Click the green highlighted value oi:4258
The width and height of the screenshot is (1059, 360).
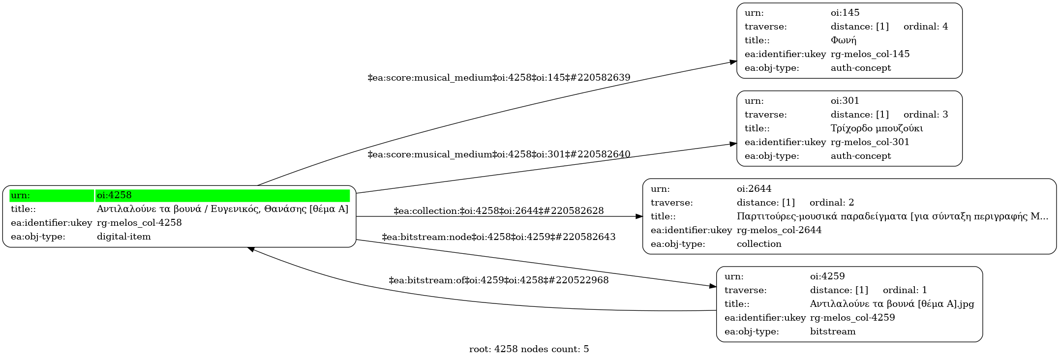point(114,195)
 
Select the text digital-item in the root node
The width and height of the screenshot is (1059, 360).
point(123,237)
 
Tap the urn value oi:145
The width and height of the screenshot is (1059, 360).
point(845,13)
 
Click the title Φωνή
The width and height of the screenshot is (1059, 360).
point(843,40)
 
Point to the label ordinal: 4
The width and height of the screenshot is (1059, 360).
point(925,27)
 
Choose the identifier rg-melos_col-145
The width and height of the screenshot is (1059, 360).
point(870,54)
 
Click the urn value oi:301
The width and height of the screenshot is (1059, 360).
point(845,101)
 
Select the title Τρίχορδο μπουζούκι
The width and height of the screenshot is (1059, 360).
point(877,128)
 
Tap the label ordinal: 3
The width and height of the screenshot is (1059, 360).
point(925,115)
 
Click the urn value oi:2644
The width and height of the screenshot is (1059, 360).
point(754,189)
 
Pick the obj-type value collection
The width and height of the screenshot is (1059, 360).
point(758,244)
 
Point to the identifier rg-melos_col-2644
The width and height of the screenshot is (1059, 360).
point(779,230)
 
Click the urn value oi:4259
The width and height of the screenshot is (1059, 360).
point(827,276)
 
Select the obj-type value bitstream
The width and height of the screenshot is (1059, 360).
point(832,331)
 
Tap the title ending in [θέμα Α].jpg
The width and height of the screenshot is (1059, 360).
point(892,304)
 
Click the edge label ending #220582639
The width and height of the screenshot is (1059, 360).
point(499,78)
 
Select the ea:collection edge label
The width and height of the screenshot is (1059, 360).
point(498,211)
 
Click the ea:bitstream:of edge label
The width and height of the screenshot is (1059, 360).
point(498,280)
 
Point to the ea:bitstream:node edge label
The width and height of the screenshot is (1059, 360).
point(498,237)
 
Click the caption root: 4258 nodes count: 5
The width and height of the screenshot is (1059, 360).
point(529,349)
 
